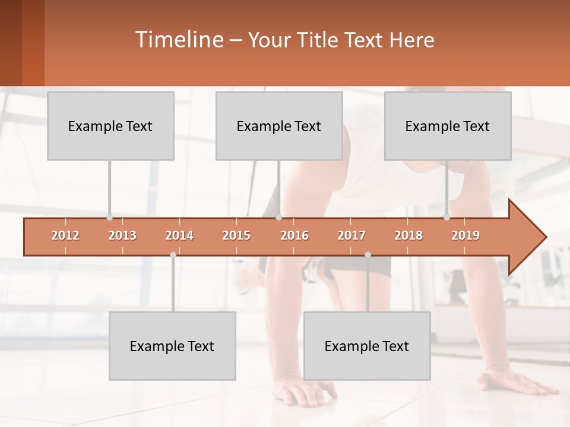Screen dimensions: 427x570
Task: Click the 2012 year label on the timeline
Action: (x=65, y=235)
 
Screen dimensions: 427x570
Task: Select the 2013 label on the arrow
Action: (x=122, y=235)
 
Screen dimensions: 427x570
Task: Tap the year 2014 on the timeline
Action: (x=179, y=235)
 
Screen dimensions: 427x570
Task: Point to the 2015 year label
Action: (x=236, y=235)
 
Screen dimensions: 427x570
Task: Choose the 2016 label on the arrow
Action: (x=294, y=235)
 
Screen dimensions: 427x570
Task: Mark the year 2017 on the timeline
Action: (x=351, y=235)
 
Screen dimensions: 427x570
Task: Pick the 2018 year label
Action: (x=408, y=235)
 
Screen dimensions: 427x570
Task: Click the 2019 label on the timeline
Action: (x=465, y=235)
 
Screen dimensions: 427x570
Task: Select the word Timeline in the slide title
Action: (x=178, y=40)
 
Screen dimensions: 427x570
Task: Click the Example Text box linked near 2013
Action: (x=110, y=126)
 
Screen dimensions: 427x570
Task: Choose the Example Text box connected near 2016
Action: (x=279, y=126)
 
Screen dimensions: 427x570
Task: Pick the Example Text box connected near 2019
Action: (x=448, y=126)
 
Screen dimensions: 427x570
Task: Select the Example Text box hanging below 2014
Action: (x=172, y=346)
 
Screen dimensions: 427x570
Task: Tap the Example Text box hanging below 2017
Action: (x=367, y=346)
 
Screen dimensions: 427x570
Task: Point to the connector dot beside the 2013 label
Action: (x=109, y=218)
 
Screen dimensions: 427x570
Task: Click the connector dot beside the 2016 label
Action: (x=279, y=218)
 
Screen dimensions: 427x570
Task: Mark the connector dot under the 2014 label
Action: (x=173, y=254)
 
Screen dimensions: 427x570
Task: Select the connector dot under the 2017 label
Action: (x=368, y=254)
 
